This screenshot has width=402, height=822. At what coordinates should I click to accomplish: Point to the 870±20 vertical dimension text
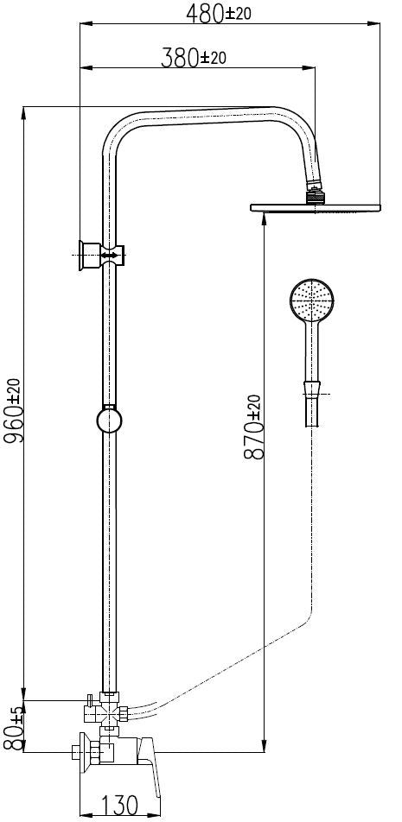(252, 429)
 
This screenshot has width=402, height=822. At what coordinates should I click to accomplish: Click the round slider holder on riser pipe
(109, 421)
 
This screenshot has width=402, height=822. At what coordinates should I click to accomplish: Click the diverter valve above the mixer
(102, 713)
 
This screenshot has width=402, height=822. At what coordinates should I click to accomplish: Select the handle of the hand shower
(311, 354)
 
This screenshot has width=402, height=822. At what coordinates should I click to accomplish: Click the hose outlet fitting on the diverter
(126, 713)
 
